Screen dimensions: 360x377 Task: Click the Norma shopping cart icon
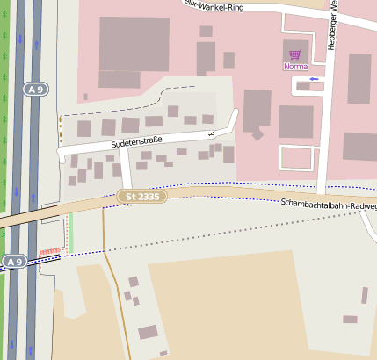click(x=294, y=54)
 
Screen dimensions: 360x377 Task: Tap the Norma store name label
click(x=294, y=66)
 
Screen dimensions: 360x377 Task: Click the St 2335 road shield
click(x=141, y=196)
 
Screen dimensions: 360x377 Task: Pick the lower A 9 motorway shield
click(x=13, y=262)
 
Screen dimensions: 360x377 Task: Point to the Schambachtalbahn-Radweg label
click(x=329, y=205)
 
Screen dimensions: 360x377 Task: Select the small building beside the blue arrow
click(x=302, y=86)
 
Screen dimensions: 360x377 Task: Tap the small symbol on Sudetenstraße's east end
click(x=211, y=133)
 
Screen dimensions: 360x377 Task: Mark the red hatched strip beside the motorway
click(x=49, y=252)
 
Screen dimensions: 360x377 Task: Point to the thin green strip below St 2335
click(x=70, y=230)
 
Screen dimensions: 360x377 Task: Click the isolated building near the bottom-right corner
click(x=350, y=319)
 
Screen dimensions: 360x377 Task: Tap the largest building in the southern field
click(x=148, y=332)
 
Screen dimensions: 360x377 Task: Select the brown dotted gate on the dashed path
click(x=60, y=122)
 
